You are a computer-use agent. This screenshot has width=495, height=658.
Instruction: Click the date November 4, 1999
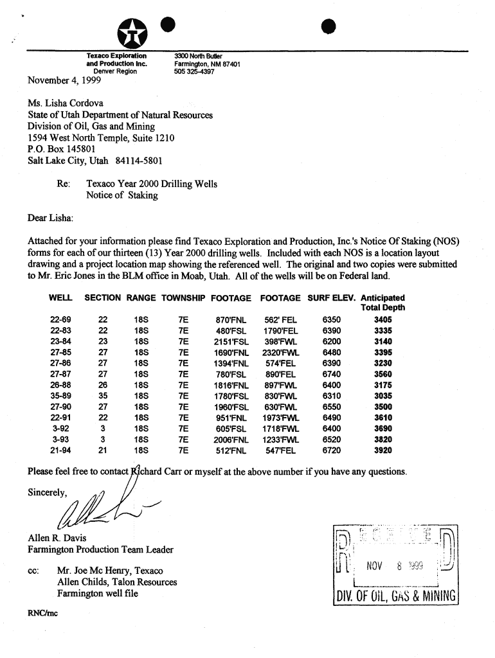[x=59, y=81]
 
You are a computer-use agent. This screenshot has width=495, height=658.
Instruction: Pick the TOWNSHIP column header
[x=183, y=298]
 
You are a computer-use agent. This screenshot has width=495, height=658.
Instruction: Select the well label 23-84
[x=60, y=341]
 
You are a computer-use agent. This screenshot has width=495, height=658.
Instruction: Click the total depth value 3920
[x=383, y=450]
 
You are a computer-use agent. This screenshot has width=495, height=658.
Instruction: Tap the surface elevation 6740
[x=332, y=374]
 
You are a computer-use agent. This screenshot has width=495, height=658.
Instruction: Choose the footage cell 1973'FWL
[x=281, y=418]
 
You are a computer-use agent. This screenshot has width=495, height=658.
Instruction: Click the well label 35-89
[x=60, y=396]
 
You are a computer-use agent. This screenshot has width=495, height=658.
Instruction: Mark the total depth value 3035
[x=383, y=396]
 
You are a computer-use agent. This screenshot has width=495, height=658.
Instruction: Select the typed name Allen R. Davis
[x=57, y=538]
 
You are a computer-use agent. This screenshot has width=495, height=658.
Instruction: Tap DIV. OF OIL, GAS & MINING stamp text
[x=395, y=597]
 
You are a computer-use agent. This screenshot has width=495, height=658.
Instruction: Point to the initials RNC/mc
[x=42, y=613]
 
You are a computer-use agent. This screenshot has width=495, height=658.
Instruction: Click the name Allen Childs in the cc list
[x=81, y=582]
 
